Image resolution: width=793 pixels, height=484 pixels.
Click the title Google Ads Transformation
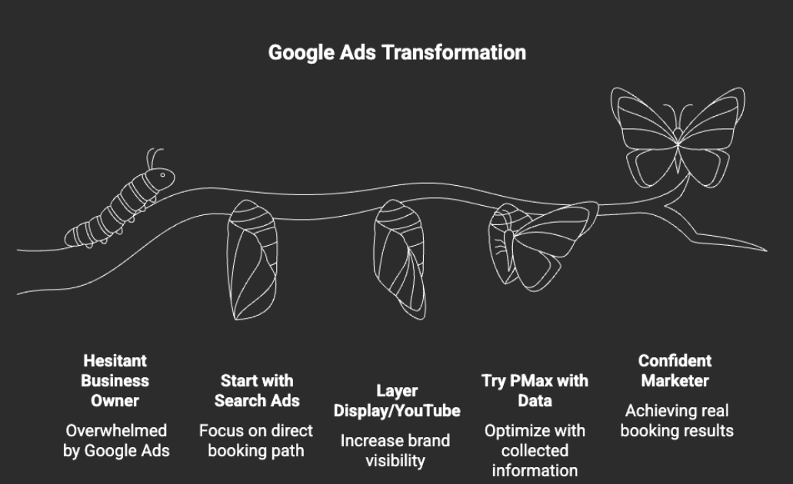click(397, 52)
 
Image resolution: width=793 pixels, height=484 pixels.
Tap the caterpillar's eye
click(163, 175)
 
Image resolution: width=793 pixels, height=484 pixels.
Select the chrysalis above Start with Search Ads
click(252, 260)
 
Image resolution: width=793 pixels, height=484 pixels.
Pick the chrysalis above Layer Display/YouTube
click(399, 259)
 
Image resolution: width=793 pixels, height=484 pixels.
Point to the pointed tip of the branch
click(765, 250)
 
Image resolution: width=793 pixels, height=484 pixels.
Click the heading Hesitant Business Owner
click(115, 380)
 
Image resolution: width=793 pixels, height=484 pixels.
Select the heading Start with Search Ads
click(257, 390)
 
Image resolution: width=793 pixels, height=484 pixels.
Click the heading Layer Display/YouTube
click(397, 400)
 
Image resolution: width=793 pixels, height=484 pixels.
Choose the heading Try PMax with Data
click(535, 390)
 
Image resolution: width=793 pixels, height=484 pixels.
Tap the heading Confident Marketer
click(675, 370)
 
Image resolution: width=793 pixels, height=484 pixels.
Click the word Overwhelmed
click(116, 430)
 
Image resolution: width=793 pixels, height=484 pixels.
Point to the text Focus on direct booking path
click(256, 440)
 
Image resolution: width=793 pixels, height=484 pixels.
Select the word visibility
click(395, 461)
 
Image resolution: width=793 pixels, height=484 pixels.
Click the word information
click(535, 470)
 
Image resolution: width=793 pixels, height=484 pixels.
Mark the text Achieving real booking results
click(677, 420)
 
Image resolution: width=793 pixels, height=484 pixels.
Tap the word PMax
click(524, 380)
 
